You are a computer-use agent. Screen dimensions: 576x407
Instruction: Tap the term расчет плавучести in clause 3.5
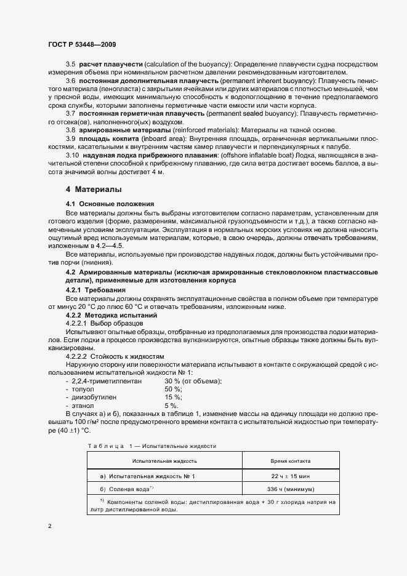(x=110, y=65)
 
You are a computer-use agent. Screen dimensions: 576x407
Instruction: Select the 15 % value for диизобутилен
(x=172, y=398)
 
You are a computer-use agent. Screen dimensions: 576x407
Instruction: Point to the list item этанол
(x=82, y=406)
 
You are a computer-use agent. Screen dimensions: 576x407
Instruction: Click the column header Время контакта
(x=291, y=460)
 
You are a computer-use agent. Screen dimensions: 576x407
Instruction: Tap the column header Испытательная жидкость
(x=164, y=460)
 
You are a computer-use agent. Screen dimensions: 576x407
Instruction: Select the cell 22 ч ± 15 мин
(x=291, y=476)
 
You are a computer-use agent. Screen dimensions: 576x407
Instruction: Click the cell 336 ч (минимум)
(x=291, y=489)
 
